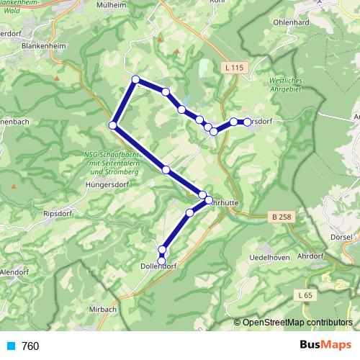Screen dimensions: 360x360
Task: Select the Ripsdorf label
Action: click(x=60, y=214)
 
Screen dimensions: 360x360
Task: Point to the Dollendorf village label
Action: click(x=161, y=266)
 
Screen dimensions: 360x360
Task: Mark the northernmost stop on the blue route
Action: click(x=135, y=79)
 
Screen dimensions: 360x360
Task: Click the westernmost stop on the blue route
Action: click(x=112, y=126)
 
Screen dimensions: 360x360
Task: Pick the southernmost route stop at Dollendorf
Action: click(x=162, y=261)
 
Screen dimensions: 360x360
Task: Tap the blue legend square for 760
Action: click(x=10, y=346)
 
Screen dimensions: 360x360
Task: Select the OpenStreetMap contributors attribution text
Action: click(x=297, y=323)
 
